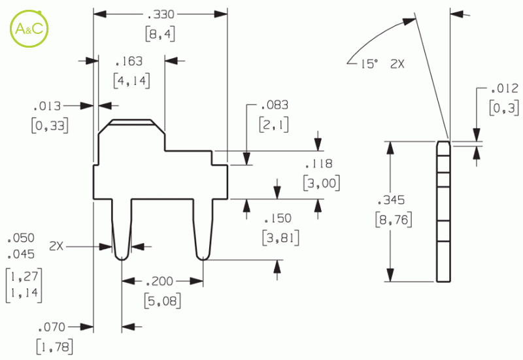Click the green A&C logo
coord(29,29)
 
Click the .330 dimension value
coord(161,14)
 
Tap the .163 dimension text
coord(129,61)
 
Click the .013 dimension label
coord(47,106)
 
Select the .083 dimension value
coord(275,105)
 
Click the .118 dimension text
coord(319,164)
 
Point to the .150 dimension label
coord(278,219)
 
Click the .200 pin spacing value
coord(160,282)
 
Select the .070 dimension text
coord(52,327)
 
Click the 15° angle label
coord(369,63)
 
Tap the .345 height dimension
coord(391,200)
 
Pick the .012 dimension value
coord(505,89)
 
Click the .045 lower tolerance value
coord(21,255)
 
